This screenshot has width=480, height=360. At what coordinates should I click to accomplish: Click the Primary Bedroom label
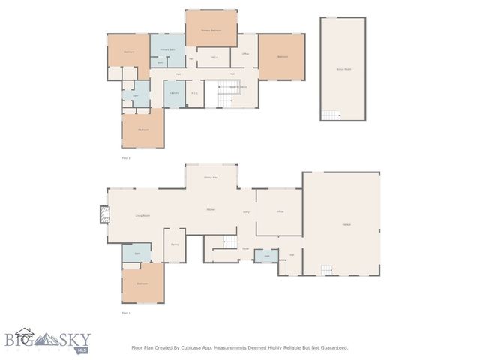[x=211, y=30]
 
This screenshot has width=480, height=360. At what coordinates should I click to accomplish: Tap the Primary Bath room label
[x=167, y=49]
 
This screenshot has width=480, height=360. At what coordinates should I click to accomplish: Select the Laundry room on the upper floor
[x=174, y=93]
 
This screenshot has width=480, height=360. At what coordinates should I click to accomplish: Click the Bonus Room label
[x=343, y=68]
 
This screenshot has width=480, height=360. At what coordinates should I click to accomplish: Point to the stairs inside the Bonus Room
[x=330, y=115]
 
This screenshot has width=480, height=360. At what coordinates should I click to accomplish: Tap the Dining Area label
[x=211, y=177]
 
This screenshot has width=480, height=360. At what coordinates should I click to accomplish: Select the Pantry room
[x=174, y=244]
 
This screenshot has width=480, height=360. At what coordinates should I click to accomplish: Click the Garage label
[x=346, y=224]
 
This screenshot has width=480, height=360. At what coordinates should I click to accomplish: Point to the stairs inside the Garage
[x=327, y=270]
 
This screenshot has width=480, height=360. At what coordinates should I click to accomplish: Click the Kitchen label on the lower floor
[x=211, y=209]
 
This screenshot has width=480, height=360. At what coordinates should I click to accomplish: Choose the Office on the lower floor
[x=279, y=212]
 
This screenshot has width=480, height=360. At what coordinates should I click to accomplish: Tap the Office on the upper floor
[x=244, y=55]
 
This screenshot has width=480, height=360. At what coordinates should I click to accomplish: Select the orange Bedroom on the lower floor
[x=142, y=283]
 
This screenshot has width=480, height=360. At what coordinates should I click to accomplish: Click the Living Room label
[x=142, y=216]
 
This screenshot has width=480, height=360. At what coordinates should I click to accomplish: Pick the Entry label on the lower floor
[x=246, y=212]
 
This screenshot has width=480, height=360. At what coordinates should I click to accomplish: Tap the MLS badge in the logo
[x=82, y=349]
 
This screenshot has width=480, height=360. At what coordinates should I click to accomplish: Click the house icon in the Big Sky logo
[x=26, y=335]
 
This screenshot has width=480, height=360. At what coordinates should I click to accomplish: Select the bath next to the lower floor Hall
[x=265, y=256]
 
